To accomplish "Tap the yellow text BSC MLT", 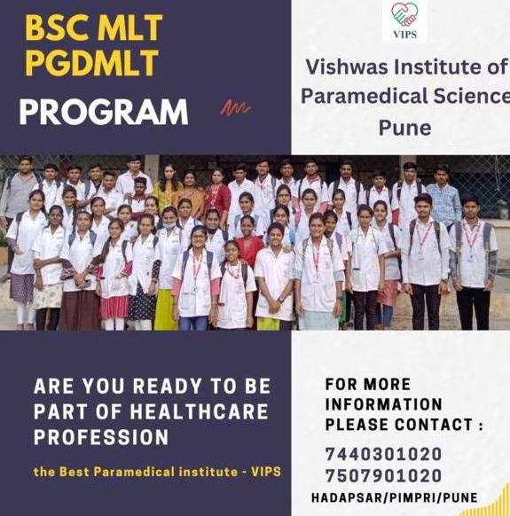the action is [94, 27].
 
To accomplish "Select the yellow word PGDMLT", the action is [92, 63].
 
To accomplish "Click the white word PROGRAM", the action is [104, 112].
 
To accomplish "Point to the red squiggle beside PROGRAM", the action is [235, 107].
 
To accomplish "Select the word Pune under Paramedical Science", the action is [404, 128].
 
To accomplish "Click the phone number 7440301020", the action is [383, 454].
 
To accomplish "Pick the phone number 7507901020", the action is [383, 476].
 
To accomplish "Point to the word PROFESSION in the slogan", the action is [101, 437].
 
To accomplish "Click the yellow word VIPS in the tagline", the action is [266, 472].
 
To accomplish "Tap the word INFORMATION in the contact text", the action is [383, 404].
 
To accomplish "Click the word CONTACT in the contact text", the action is [434, 425].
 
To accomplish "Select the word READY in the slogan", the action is [167, 386].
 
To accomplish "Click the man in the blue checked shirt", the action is [443, 197].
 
